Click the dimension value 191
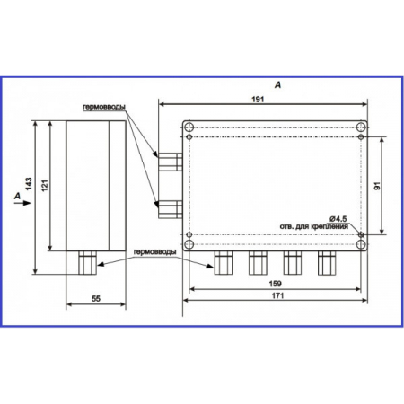pyautogui.click(x=258, y=100)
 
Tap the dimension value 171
pyautogui.click(x=277, y=295)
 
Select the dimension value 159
pyautogui.click(x=276, y=284)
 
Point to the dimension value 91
pyautogui.click(x=378, y=186)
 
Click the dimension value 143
pyautogui.click(x=29, y=184)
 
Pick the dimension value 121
pyautogui.click(x=44, y=186)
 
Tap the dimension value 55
pyautogui.click(x=96, y=298)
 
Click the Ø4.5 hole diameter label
pyautogui.click(x=338, y=219)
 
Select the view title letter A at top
pyautogui.click(x=278, y=85)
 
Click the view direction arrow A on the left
pyautogui.click(x=22, y=203)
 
